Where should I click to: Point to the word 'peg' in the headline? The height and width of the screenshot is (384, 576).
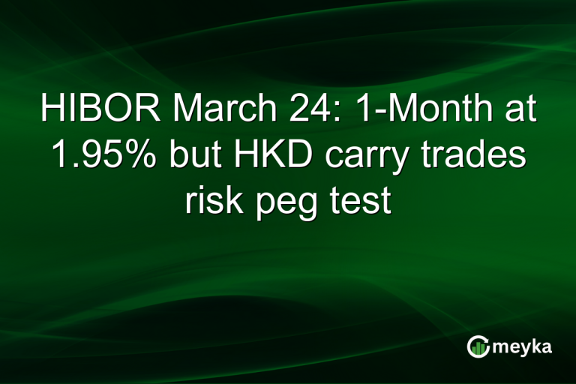click(287, 201)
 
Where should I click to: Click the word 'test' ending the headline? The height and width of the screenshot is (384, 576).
click(364, 199)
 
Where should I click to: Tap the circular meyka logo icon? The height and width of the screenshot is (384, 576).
click(478, 346)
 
